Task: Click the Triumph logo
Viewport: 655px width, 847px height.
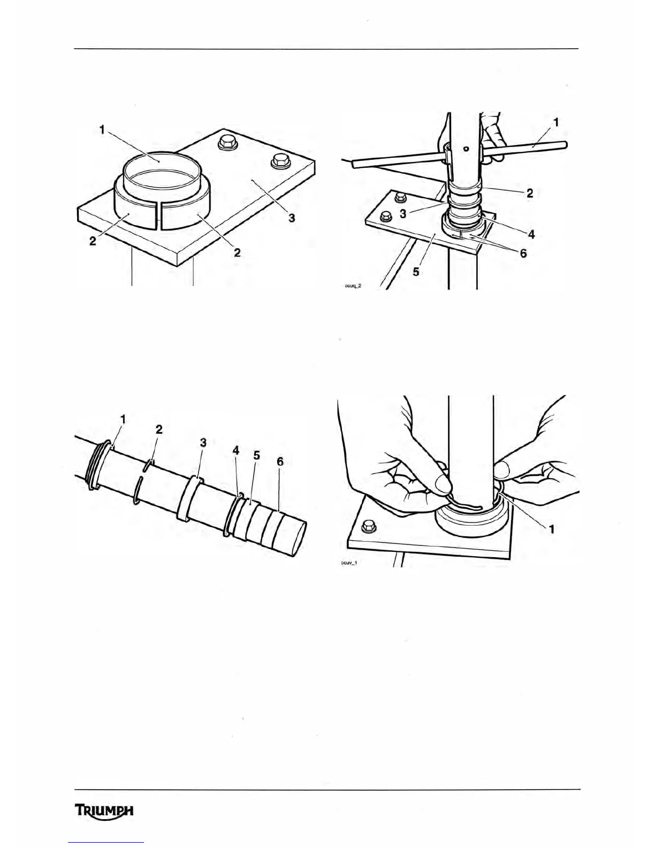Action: pyautogui.click(x=104, y=811)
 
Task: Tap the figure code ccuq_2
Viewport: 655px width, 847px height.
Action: pyautogui.click(x=353, y=286)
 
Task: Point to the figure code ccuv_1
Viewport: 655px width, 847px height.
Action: pyautogui.click(x=348, y=563)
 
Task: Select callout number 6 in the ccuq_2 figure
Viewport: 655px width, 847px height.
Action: pyautogui.click(x=523, y=253)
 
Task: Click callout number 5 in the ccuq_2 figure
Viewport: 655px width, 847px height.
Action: pyautogui.click(x=416, y=272)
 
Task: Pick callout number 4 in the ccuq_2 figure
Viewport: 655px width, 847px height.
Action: pyautogui.click(x=531, y=234)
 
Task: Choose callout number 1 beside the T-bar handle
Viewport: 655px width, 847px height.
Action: pyautogui.click(x=556, y=122)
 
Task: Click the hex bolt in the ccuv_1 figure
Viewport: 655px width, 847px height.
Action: pyautogui.click(x=368, y=526)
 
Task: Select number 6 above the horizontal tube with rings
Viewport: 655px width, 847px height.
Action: pyautogui.click(x=280, y=461)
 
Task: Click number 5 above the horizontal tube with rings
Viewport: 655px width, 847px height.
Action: pyautogui.click(x=256, y=456)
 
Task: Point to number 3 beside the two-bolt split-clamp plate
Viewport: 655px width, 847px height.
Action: pyautogui.click(x=292, y=219)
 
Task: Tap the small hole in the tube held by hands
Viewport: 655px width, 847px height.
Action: pyautogui.click(x=467, y=149)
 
